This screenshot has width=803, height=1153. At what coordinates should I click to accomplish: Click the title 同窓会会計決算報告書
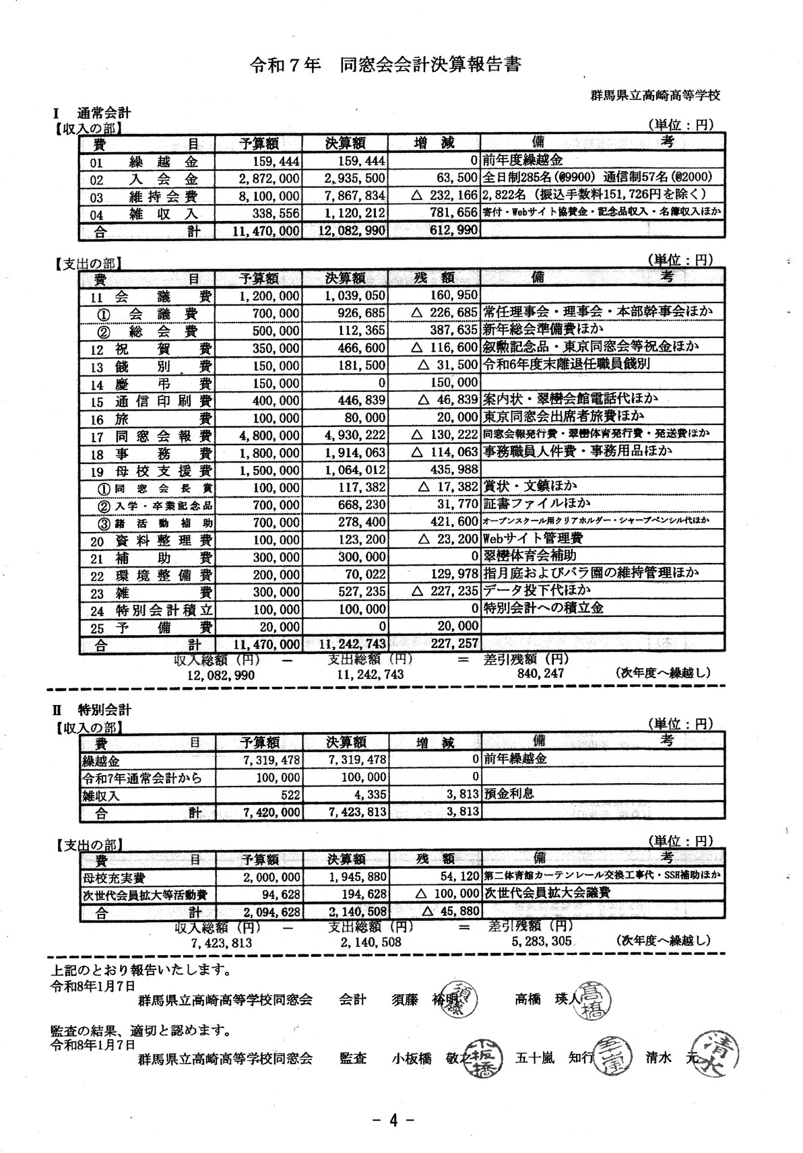[x=431, y=65]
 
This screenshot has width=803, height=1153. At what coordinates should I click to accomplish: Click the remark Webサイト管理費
[x=533, y=539]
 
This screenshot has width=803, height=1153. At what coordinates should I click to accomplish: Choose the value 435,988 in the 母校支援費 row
[x=454, y=469]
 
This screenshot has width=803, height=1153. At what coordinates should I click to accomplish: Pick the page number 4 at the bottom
[x=393, y=1120]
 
